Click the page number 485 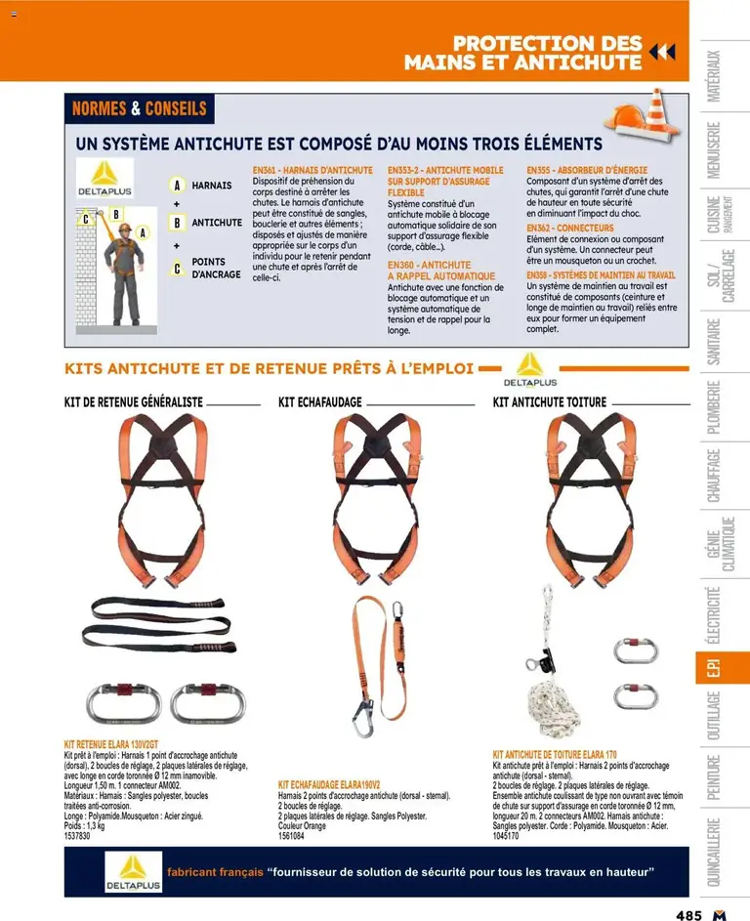click(x=688, y=915)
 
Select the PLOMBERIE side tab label click(x=714, y=407)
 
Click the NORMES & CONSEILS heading click(x=140, y=108)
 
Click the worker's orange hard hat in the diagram click(x=124, y=228)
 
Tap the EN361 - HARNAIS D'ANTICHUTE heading click(x=312, y=170)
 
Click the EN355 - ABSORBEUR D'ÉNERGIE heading click(x=587, y=170)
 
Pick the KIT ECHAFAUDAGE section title click(x=320, y=402)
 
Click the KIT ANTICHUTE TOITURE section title click(x=550, y=402)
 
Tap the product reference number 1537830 click(x=77, y=836)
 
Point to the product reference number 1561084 click(x=291, y=836)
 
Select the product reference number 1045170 click(x=506, y=836)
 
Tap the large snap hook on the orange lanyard click(x=362, y=718)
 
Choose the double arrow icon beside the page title click(x=662, y=53)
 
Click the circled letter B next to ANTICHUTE click(x=177, y=223)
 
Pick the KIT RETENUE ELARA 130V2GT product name click(x=111, y=744)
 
